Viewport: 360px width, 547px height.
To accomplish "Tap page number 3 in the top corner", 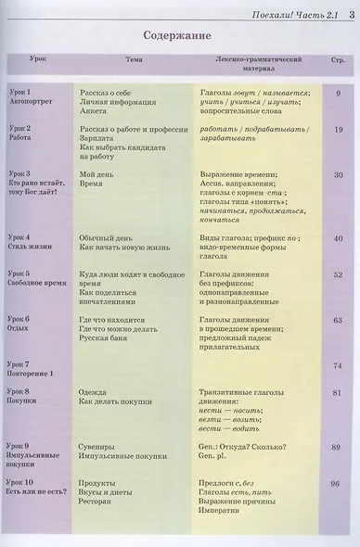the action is [352, 13].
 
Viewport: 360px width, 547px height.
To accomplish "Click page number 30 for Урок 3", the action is [338, 174].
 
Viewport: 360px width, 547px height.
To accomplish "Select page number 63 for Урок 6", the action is [338, 320].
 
